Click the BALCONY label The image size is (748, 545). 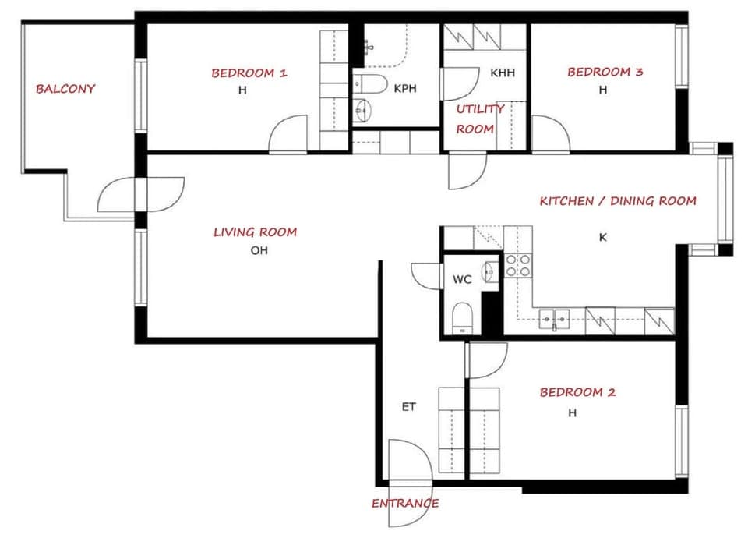click(65, 89)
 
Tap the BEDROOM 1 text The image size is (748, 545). click(249, 73)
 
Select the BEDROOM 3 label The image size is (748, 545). click(605, 73)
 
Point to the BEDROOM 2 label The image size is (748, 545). click(577, 392)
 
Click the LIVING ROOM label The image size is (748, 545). click(255, 232)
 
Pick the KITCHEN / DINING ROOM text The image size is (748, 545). click(618, 201)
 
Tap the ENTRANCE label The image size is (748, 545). click(404, 503)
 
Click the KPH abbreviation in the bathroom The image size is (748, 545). click(405, 89)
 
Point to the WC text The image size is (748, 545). click(462, 280)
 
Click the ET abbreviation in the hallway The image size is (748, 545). click(408, 407)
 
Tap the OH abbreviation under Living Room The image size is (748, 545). click(259, 251)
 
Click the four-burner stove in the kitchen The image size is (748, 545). click(518, 266)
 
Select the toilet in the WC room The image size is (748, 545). click(463, 318)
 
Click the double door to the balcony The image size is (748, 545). click(140, 195)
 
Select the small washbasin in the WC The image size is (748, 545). click(489, 271)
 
